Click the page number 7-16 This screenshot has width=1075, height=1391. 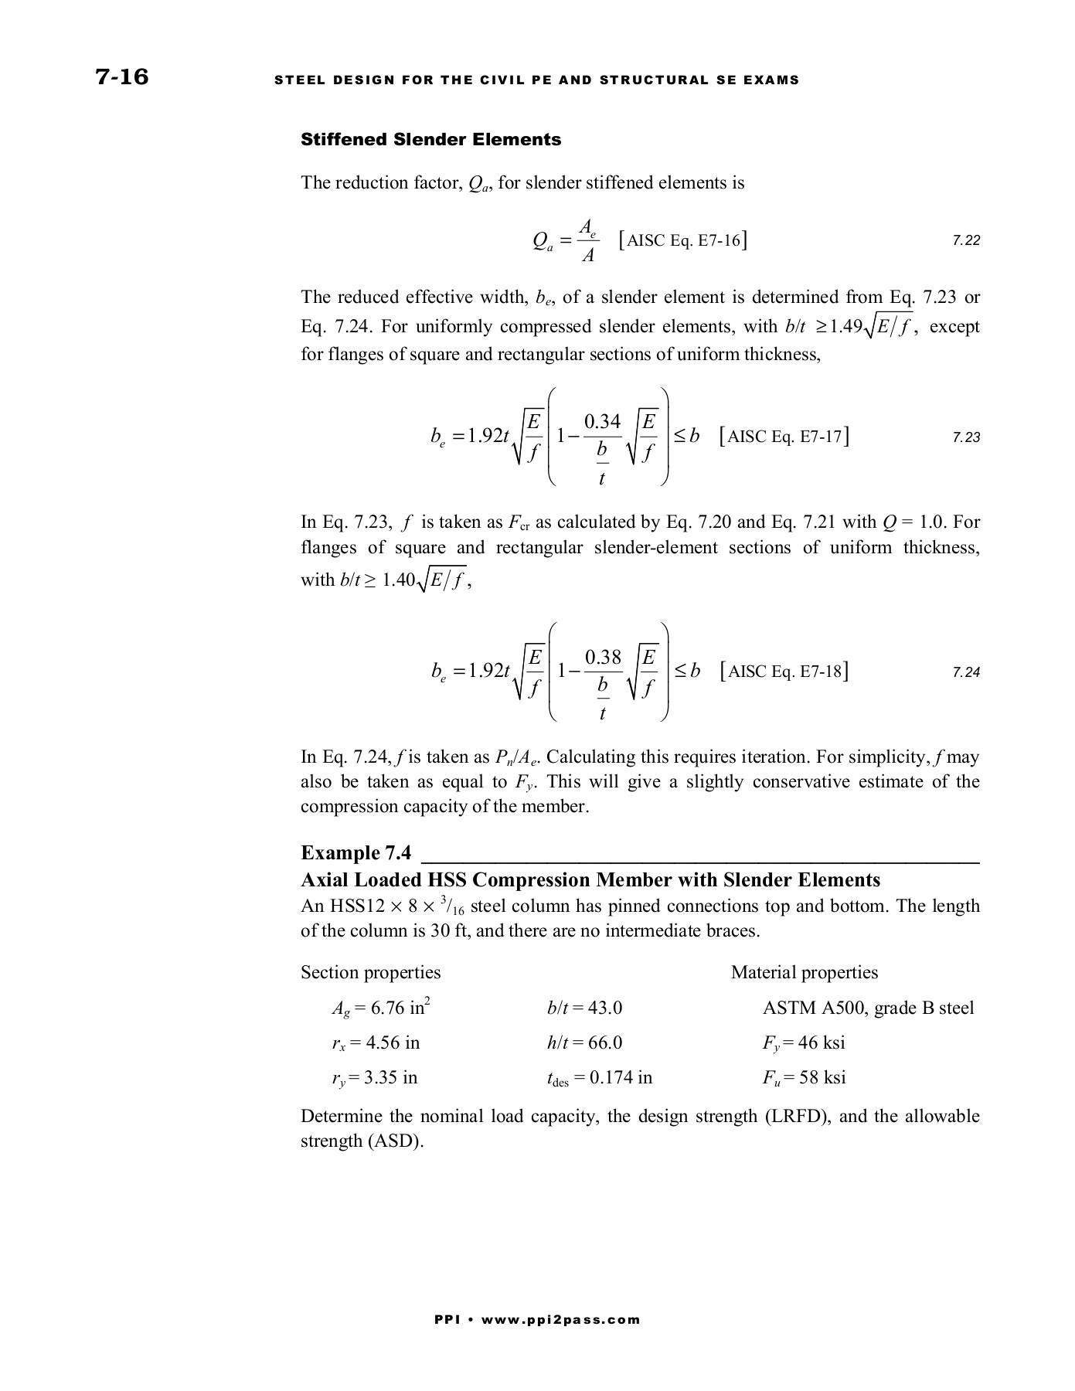(x=121, y=77)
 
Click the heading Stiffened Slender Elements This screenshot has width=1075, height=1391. (x=430, y=140)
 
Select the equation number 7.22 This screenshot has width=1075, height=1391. (x=966, y=241)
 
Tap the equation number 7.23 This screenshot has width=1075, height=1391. (x=966, y=437)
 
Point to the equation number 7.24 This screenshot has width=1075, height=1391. (x=966, y=672)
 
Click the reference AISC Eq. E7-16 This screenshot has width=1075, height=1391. (x=683, y=240)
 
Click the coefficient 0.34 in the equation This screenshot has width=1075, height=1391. (x=602, y=422)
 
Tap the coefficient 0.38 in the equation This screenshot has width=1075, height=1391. (x=603, y=658)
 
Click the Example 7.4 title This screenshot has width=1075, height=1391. (x=355, y=853)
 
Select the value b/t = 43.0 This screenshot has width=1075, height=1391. (x=584, y=1008)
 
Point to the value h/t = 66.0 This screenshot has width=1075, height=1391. (x=584, y=1042)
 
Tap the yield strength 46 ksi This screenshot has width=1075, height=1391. (x=822, y=1042)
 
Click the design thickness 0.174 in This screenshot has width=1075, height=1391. (x=621, y=1077)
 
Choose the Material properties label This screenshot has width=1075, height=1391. (x=805, y=972)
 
